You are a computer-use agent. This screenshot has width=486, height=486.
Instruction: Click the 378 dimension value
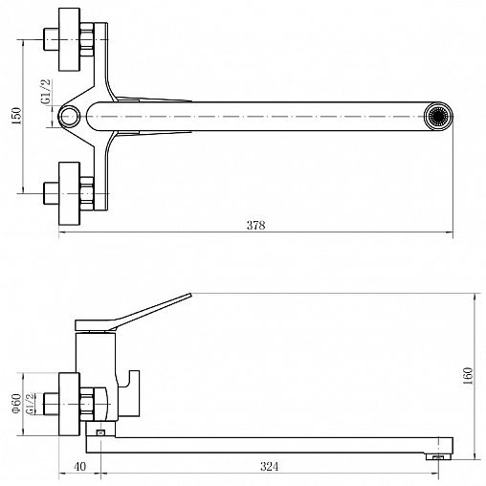tap(255, 225)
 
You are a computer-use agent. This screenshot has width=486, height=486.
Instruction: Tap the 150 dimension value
tap(16, 116)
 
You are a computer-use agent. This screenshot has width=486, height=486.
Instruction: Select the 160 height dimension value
tap(468, 376)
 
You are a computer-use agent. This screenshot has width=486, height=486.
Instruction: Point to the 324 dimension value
tap(270, 467)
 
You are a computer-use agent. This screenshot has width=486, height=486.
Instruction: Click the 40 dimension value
tap(79, 467)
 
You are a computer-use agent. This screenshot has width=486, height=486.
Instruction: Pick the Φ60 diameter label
tap(16, 404)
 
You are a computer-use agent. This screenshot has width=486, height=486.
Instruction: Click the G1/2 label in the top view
tap(46, 92)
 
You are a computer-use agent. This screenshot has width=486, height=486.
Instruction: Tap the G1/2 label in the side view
tap(30, 404)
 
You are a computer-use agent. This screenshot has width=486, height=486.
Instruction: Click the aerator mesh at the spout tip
tap(438, 116)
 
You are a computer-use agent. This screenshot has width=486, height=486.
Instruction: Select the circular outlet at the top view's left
tap(69, 116)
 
